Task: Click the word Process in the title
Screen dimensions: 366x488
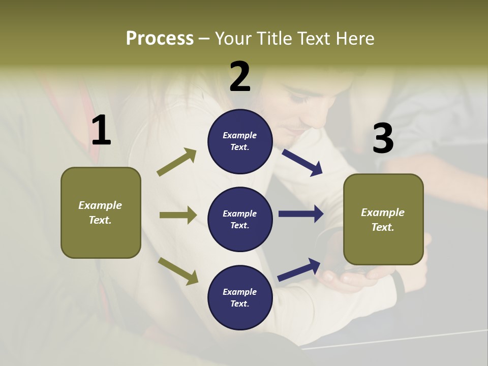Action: coord(160,39)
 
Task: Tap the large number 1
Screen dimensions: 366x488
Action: coord(101,130)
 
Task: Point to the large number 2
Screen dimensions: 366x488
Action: coord(240,77)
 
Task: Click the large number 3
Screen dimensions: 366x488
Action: coord(383,138)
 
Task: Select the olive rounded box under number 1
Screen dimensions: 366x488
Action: coord(101,212)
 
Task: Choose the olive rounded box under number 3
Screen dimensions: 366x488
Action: coord(383,219)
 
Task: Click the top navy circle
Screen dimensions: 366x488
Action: coord(240,141)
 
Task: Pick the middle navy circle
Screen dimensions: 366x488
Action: coord(240,219)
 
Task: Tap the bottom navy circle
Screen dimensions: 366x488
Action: coord(240,297)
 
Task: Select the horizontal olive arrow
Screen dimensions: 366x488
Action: coord(178,215)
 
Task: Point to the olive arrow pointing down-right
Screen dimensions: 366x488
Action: coord(178,270)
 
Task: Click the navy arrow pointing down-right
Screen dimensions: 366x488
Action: coord(302,163)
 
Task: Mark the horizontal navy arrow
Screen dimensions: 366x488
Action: coord(301,214)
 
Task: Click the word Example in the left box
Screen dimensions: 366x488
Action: coord(100,205)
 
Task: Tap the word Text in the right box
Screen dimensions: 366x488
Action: coord(382,227)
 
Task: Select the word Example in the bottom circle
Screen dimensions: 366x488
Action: coord(239,292)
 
